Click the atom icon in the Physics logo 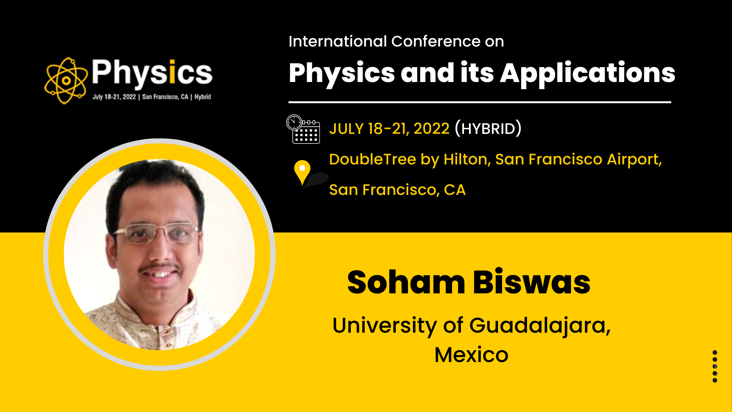(66, 80)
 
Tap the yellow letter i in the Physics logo (172, 71)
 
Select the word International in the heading (337, 41)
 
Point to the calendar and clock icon (303, 129)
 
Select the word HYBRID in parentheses (488, 129)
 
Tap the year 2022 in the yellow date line (432, 129)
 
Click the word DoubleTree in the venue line (372, 159)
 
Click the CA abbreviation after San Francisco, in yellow (455, 190)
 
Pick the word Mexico (471, 355)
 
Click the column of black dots (715, 366)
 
